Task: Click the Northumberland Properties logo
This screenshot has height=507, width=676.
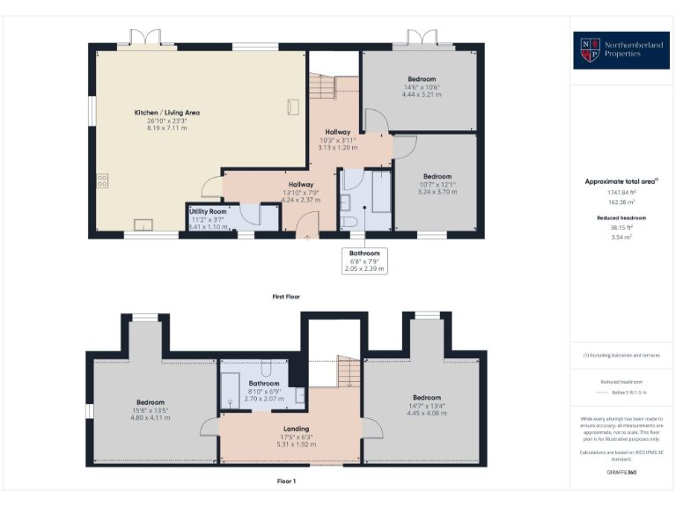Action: click(x=621, y=50)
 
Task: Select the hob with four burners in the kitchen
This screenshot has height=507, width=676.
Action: click(x=102, y=181)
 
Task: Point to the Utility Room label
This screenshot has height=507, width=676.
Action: click(x=208, y=212)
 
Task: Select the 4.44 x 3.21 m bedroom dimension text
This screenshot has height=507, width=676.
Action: click(x=421, y=94)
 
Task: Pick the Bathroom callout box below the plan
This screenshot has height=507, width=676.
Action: click(x=364, y=261)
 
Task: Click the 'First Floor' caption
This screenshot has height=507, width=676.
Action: click(x=286, y=297)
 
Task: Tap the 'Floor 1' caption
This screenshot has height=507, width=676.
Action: click(x=286, y=481)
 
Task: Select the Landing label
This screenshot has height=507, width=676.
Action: click(x=296, y=429)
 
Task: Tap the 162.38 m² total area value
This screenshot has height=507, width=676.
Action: click(x=621, y=202)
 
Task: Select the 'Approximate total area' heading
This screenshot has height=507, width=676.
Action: click(x=621, y=181)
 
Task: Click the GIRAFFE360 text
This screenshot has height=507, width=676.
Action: click(x=621, y=473)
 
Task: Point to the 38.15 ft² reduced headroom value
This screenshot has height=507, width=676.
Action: click(x=621, y=227)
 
